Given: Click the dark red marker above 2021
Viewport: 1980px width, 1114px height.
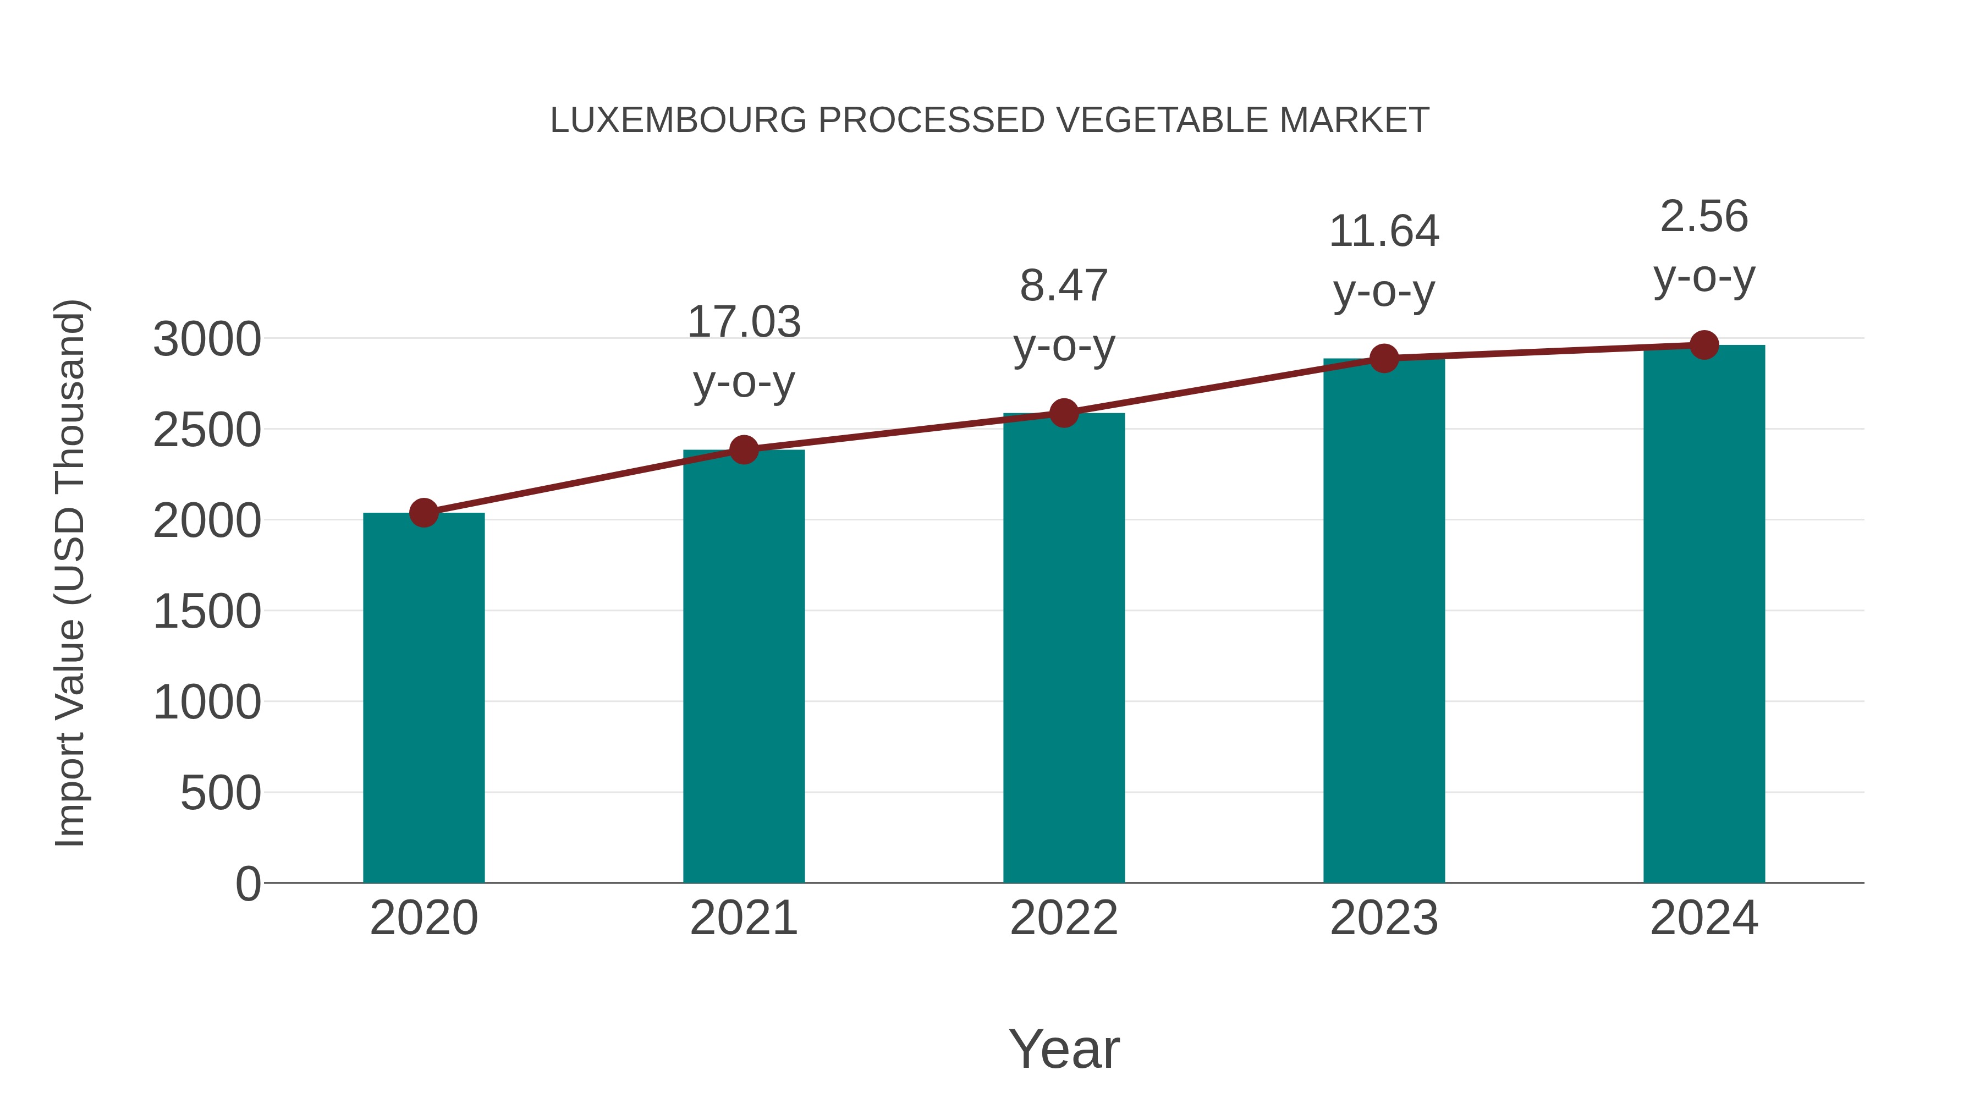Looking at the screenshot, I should [743, 450].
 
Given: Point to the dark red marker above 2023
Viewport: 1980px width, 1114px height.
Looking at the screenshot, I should [1384, 358].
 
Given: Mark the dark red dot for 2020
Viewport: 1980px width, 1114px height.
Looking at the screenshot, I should [424, 513].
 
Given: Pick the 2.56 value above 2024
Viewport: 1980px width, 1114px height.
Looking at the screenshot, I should [1704, 216].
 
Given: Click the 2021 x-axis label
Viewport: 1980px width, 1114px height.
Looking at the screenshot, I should [743, 918].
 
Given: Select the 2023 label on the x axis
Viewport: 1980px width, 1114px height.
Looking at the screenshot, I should [1384, 918].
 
